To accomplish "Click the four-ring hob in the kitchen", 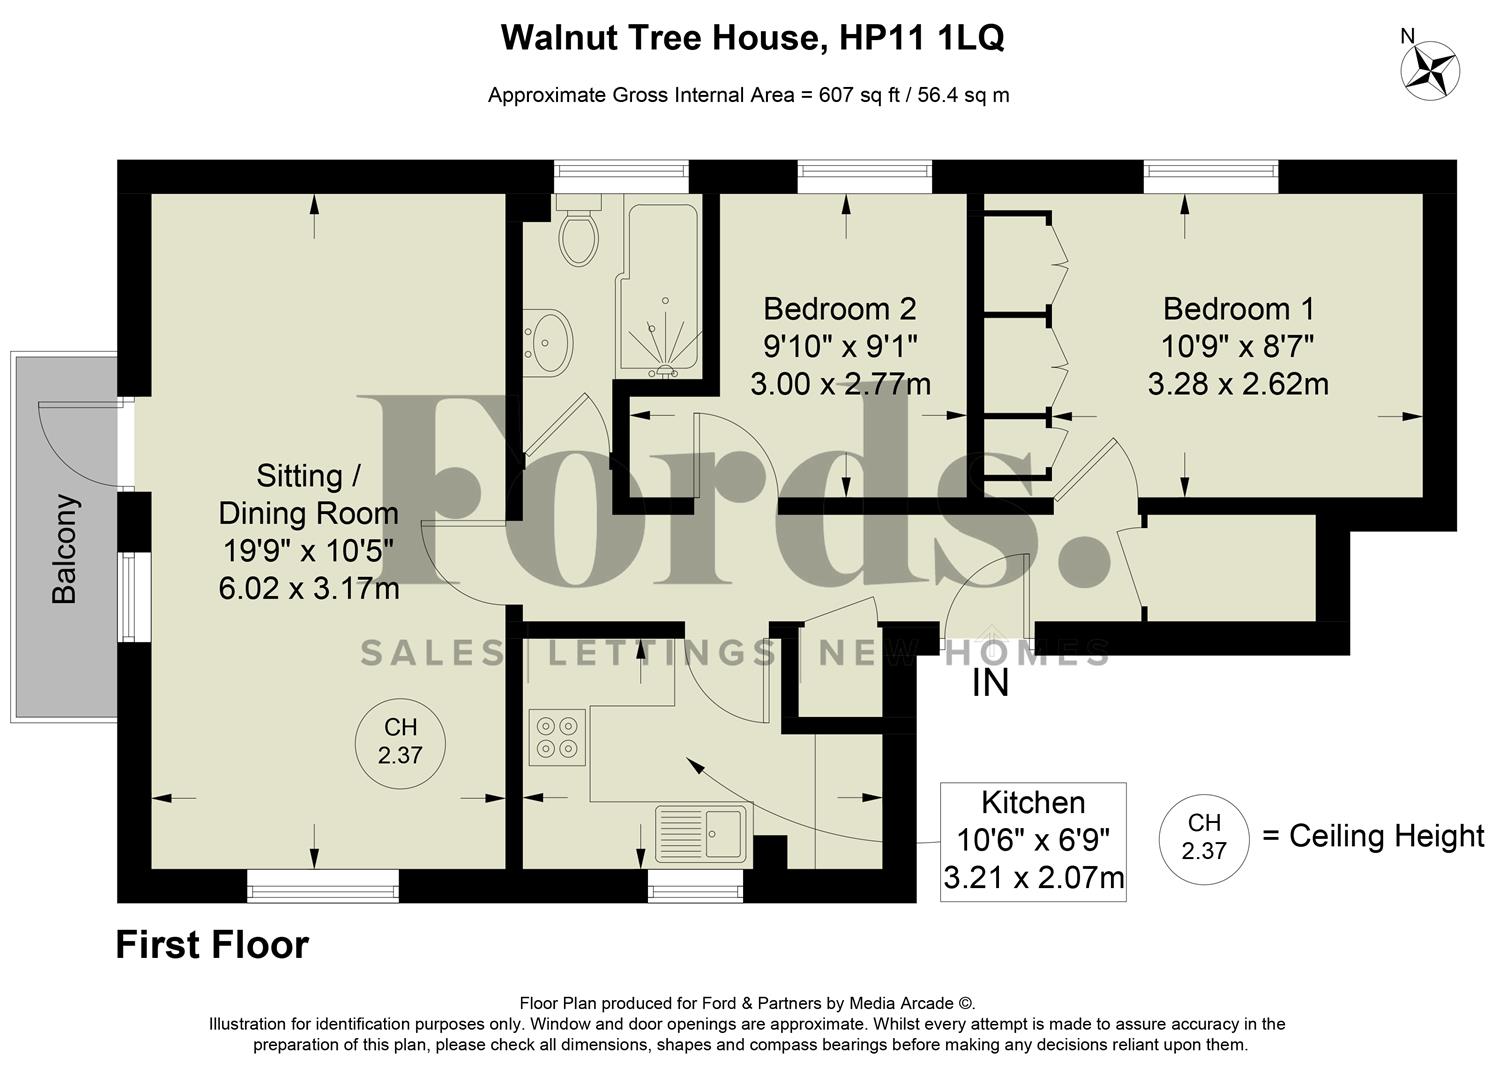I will coord(557,737).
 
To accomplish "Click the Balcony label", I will coord(64,549).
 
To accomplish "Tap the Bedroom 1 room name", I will coord(1238,308).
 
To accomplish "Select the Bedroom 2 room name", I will coord(839,308).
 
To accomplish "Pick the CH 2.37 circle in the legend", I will coord(1203,837).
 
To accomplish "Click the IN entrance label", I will coord(990,684).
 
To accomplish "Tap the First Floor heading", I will coord(212,945).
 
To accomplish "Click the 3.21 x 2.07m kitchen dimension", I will coord(1033,878).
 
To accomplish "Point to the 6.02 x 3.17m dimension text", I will coord(309,588).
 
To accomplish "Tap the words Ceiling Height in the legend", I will coord(1386,835).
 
